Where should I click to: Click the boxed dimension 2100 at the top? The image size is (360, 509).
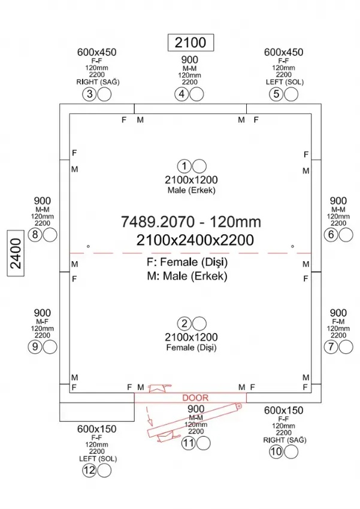click(190, 42)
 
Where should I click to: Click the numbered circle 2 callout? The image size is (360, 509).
click(185, 324)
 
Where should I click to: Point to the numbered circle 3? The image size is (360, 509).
click(89, 94)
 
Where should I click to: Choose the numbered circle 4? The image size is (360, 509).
click(182, 94)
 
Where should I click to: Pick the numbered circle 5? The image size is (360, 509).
click(276, 94)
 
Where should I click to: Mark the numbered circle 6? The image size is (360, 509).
click(331, 235)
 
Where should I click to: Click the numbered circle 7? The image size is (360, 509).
click(331, 346)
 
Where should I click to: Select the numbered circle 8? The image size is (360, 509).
click(35, 235)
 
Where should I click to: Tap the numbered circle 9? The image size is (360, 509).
click(35, 346)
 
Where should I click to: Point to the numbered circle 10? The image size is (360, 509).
click(276, 452)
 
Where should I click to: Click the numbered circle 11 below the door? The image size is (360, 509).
click(189, 443)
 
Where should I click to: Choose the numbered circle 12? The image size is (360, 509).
click(89, 471)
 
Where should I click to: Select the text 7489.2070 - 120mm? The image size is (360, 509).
click(191, 222)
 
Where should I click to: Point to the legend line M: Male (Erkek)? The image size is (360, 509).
click(187, 277)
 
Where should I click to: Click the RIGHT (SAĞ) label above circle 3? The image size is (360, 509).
click(98, 82)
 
